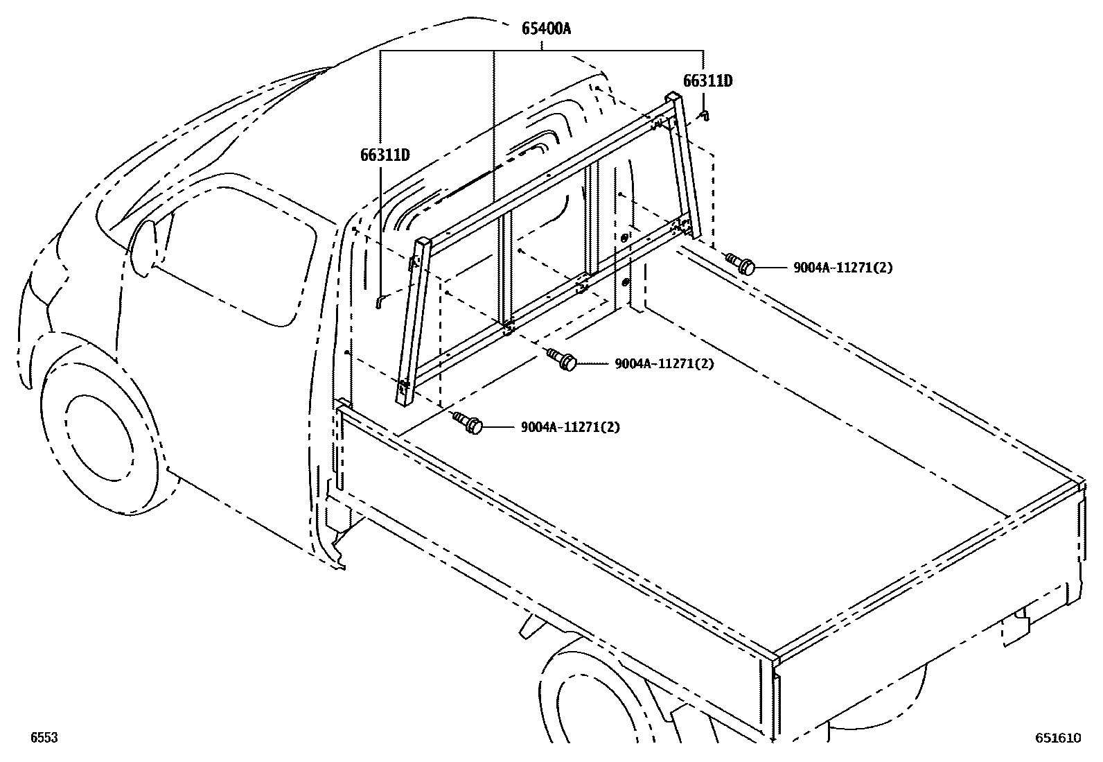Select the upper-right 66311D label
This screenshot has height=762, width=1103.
[707, 81]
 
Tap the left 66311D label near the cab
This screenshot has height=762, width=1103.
[385, 154]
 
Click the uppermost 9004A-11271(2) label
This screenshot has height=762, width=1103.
[842, 268]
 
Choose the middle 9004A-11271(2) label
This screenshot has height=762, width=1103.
[664, 363]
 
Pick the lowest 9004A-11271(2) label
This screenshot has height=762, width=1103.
[570, 427]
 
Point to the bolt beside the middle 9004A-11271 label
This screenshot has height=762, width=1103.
[563, 360]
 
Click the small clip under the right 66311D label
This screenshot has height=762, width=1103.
[703, 114]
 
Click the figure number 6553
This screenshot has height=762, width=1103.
[43, 738]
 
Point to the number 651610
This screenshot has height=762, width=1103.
[1058, 738]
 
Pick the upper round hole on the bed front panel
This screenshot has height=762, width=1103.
[625, 238]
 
